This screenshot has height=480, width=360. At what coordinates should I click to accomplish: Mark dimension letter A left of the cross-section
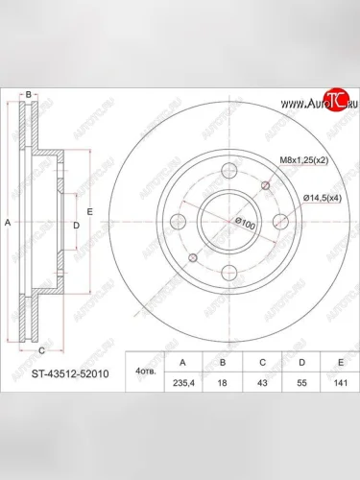(x=8, y=222)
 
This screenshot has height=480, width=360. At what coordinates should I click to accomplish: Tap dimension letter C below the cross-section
(x=41, y=350)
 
